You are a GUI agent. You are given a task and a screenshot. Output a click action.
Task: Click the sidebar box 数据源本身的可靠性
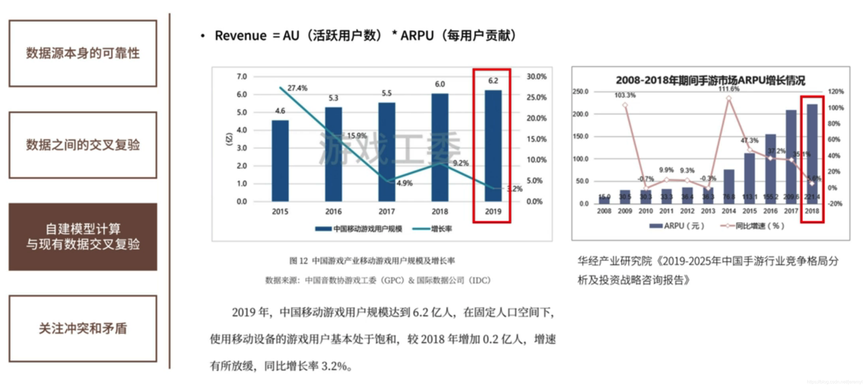click(83, 53)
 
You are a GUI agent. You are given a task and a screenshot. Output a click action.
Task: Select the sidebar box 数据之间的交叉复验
click(83, 145)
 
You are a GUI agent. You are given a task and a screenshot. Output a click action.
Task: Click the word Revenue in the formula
click(240, 36)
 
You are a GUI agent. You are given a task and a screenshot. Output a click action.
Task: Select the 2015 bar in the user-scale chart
click(280, 161)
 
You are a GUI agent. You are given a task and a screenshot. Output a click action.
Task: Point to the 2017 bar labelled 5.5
click(387, 153)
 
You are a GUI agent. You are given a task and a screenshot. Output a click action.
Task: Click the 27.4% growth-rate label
click(297, 88)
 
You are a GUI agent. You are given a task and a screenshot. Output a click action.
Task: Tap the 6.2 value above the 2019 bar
click(493, 81)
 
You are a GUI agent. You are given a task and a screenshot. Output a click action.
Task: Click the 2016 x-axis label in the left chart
click(333, 211)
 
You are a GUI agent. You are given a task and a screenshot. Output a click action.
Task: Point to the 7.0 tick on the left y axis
click(241, 76)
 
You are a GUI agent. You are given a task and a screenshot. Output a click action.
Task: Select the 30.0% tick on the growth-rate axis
click(536, 76)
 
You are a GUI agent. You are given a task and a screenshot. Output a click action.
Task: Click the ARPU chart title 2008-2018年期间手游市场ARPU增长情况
click(710, 80)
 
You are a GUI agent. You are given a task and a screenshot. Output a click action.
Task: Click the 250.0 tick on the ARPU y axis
click(580, 92)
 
